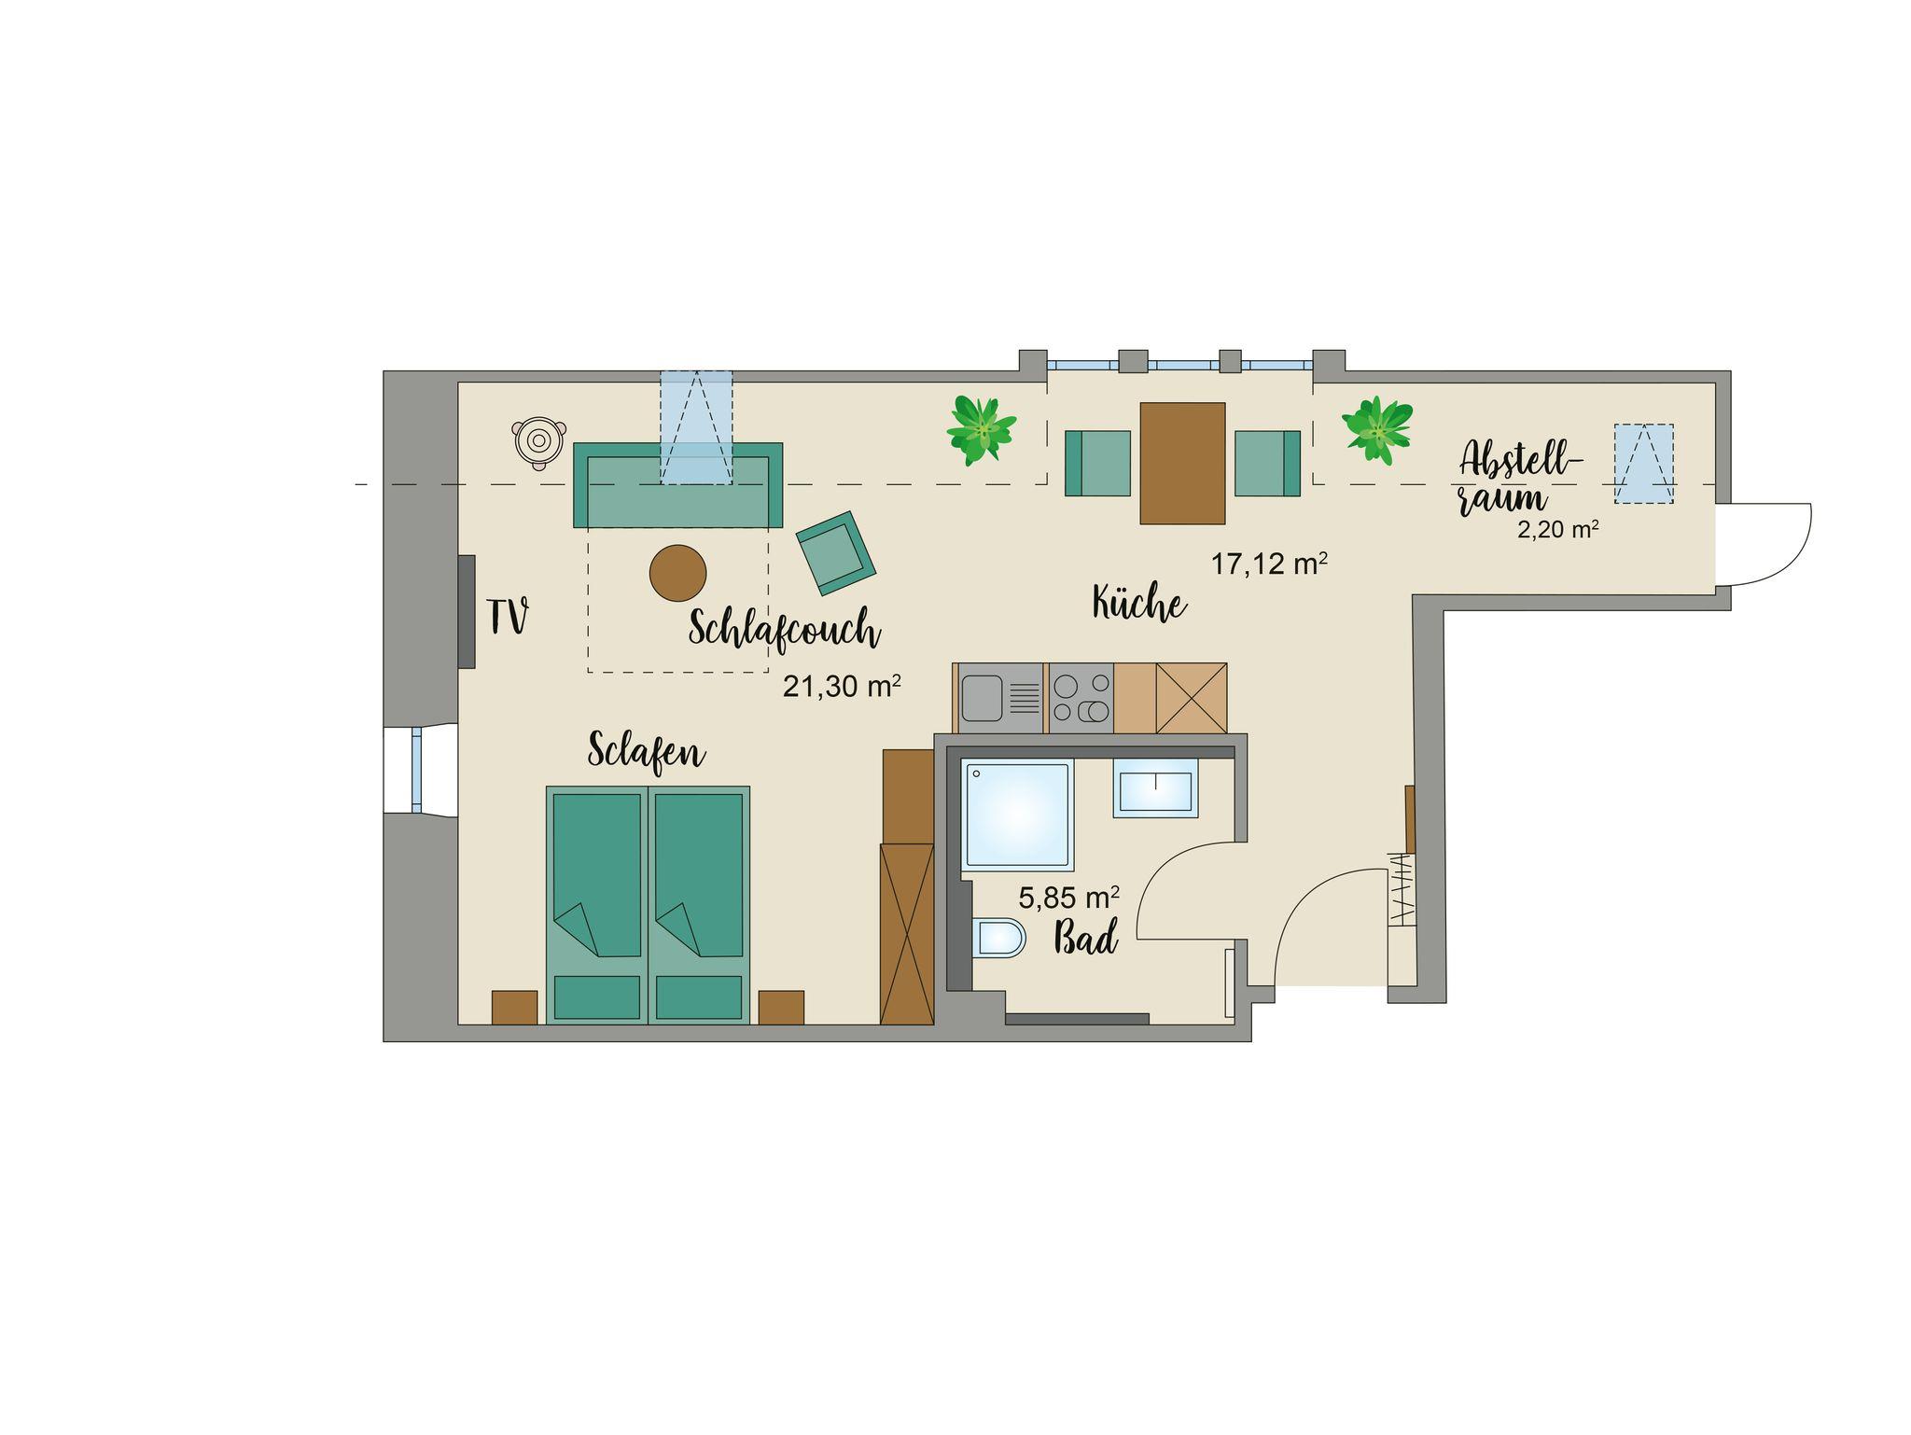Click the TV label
pos(509,617)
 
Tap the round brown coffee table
pos(678,573)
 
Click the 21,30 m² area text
pos(842,687)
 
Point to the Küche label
pos(1139,604)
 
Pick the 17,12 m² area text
pos(1269,564)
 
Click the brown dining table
pos(1182,464)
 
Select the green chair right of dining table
pos(1267,464)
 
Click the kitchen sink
pos(999,698)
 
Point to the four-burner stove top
pos(1081,698)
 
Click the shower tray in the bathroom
pos(1018,816)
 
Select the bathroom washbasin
pos(1156,791)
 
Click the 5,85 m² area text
pos(1069,898)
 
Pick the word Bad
pos(1086,937)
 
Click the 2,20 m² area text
pos(1558,530)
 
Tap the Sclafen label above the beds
pos(647,752)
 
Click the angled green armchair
pos(836,552)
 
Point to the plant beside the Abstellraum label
pos(1377,429)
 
